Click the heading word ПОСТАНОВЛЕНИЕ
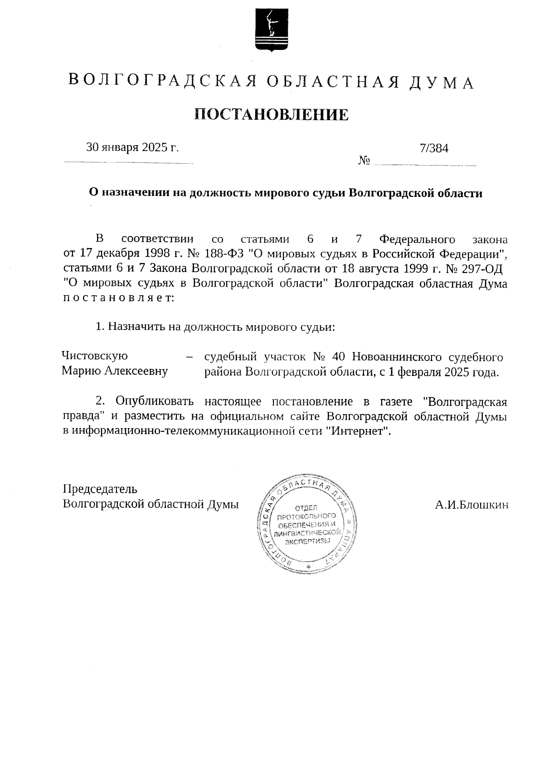pos(272,115)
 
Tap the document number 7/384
pos(434,148)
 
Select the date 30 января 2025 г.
pos(132,147)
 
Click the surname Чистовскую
pos(94,356)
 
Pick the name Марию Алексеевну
pos(115,371)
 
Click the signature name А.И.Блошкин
pos(471,505)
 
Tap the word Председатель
pos(100,489)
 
